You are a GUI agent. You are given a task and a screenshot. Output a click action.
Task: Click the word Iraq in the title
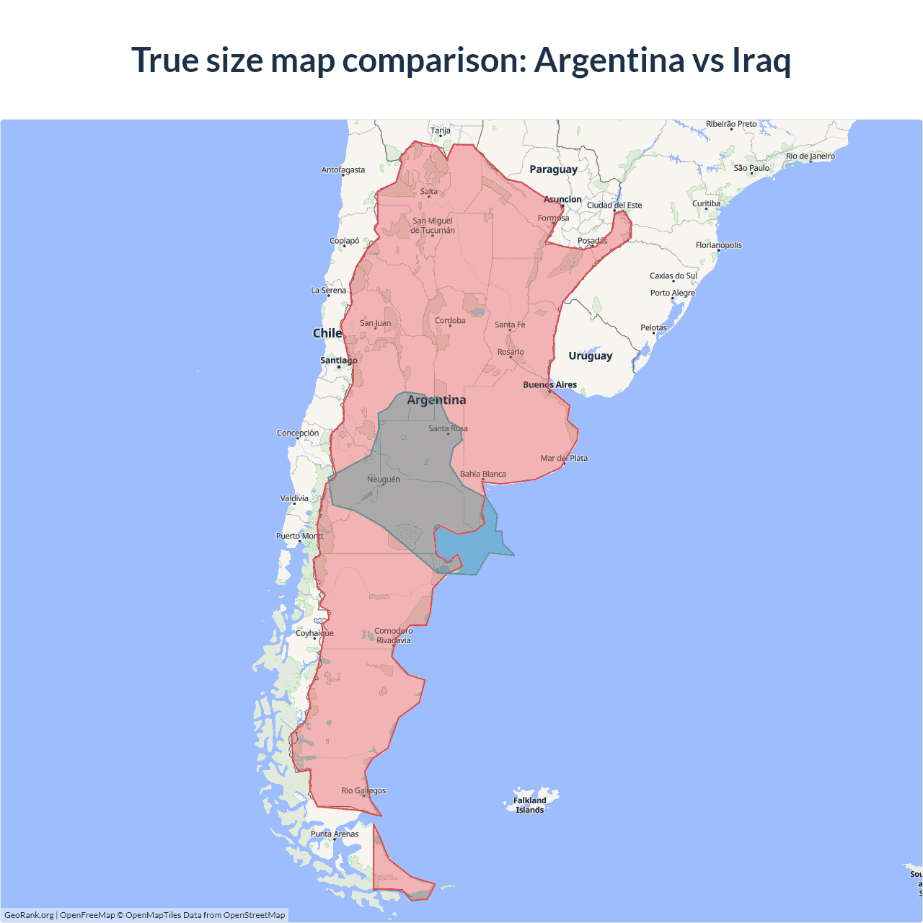pos(761,60)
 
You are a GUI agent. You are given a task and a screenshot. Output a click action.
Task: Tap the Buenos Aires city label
pos(549,385)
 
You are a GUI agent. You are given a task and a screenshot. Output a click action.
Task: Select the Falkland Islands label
pos(530,805)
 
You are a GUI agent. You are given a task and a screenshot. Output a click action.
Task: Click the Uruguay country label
pos(590,355)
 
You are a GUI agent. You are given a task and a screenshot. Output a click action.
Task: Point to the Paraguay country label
pos(553,169)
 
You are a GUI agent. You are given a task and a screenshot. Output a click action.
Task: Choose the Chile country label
pos(327,333)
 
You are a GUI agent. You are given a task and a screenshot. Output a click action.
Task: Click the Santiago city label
pos(338,361)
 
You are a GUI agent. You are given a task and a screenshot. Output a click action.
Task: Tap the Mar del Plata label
pos(564,459)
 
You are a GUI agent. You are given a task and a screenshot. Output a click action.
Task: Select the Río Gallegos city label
pos(363,791)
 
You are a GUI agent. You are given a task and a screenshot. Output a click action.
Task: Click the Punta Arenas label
pos(335,834)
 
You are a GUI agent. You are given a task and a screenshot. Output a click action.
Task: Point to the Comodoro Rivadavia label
pos(394,635)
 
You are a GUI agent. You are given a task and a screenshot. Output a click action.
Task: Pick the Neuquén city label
pos(384,480)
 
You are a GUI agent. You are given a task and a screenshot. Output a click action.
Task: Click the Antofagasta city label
pos(343,170)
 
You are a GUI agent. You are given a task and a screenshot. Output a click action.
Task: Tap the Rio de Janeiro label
pos(811,156)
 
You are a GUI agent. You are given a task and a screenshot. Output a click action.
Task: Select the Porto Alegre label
pos(673,293)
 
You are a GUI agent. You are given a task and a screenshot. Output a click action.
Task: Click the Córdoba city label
pos(450,321)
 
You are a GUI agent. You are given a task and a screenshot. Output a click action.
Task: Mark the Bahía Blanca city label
pos(483,474)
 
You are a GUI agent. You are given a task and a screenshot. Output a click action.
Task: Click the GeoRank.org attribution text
pos(29,915)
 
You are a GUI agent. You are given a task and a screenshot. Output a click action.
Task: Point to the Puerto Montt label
pos(300,536)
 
